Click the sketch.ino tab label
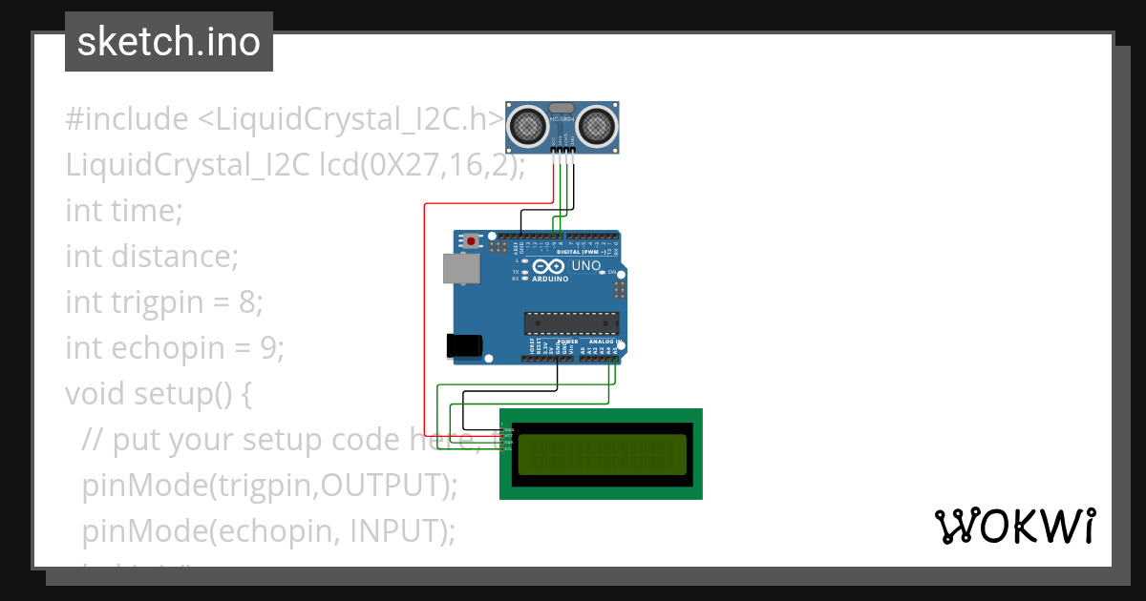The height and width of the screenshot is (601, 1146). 169,42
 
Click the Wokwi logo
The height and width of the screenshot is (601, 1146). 1014,527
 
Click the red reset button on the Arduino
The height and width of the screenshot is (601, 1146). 470,241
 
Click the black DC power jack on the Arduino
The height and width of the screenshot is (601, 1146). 464,346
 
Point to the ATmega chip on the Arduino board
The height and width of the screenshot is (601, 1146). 571,323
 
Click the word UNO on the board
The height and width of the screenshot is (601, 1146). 585,265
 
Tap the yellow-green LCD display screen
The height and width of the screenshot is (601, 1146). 602,454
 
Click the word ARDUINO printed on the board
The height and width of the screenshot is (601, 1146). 550,280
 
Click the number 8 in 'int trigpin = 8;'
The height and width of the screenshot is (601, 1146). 247,302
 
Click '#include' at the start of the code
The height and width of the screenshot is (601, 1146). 126,119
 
